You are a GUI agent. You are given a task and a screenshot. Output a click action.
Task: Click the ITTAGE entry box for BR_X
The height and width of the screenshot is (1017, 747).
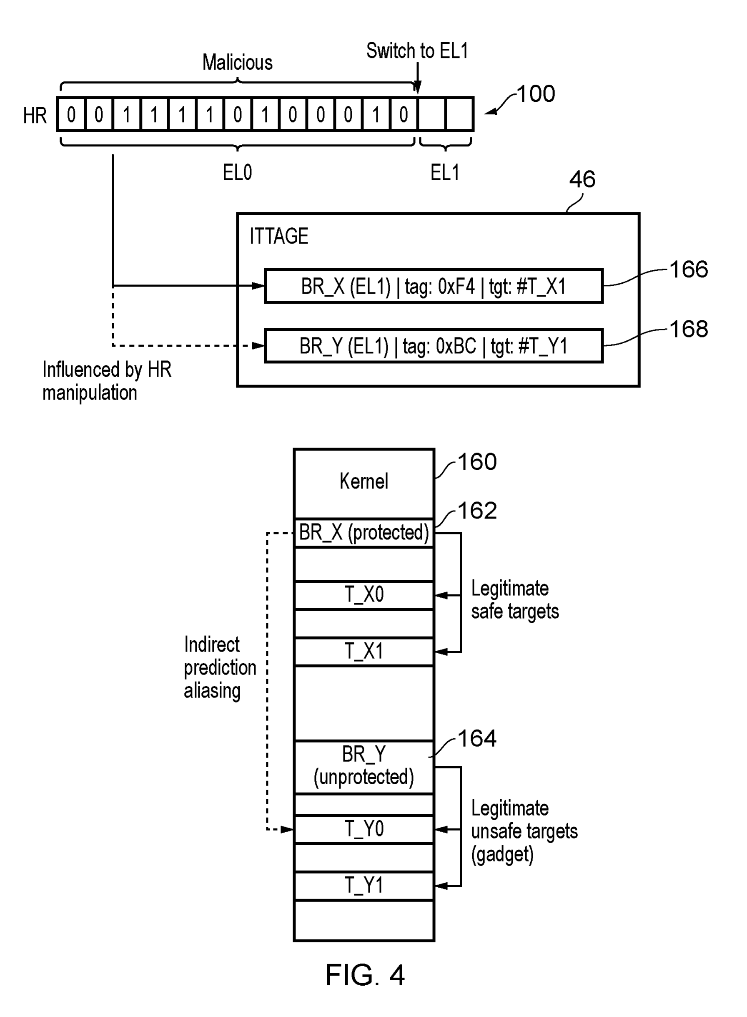click(434, 286)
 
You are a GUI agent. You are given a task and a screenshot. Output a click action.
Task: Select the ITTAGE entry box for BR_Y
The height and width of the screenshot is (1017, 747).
click(434, 346)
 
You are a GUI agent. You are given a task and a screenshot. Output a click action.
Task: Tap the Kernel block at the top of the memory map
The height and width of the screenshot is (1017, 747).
click(364, 483)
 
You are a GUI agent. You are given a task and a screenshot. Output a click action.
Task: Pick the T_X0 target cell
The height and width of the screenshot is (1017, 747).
click(364, 595)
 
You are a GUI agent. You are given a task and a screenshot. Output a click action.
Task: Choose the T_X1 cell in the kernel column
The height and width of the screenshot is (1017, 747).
click(364, 652)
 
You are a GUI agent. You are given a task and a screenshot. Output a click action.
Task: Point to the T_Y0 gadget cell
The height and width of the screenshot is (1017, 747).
click(364, 829)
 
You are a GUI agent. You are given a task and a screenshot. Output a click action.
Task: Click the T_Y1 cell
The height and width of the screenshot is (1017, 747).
click(364, 886)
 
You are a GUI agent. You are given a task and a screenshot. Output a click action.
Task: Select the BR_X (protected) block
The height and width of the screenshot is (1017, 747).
click(364, 533)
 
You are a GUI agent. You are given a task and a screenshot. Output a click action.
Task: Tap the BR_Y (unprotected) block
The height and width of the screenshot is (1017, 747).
click(364, 767)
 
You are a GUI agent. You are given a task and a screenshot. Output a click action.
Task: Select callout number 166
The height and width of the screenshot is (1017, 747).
click(689, 269)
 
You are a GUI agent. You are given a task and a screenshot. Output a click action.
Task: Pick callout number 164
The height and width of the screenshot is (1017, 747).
click(477, 738)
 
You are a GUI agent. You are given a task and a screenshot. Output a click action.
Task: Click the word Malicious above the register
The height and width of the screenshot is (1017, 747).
click(237, 63)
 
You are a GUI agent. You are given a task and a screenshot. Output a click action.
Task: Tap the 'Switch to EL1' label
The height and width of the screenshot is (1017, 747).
click(417, 50)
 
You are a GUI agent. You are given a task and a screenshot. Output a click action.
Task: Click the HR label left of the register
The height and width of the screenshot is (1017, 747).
click(35, 116)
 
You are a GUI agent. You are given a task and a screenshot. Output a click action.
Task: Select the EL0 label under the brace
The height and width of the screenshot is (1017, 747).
click(237, 172)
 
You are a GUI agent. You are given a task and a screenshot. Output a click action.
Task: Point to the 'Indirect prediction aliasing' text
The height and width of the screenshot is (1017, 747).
click(220, 668)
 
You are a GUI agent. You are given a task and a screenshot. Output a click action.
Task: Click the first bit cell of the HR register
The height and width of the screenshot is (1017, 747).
click(71, 114)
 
